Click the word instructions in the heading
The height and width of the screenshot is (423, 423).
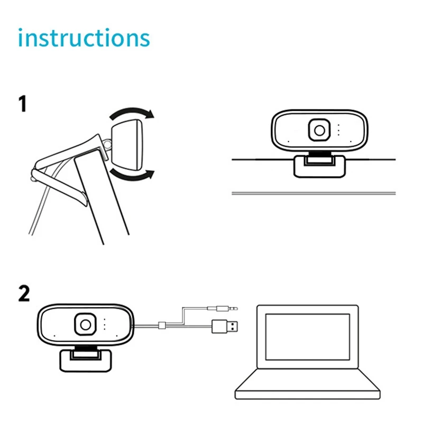84,38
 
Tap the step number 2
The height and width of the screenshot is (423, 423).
24,293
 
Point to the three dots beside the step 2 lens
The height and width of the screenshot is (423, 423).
105,324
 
